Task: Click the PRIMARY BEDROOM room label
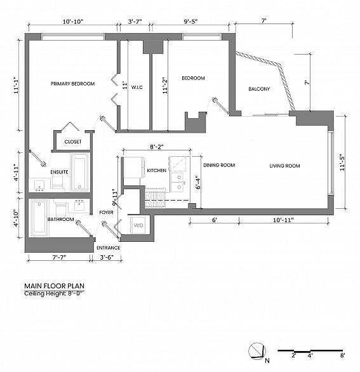pos(72,84)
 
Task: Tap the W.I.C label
pos(137,88)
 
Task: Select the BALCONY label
pos(259,89)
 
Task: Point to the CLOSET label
pos(73,142)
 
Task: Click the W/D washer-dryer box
pos(138,225)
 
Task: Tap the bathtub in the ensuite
pos(79,172)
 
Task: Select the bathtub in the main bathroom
pos(39,218)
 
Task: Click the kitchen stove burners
pos(155,198)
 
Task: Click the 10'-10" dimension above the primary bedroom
pos(73,22)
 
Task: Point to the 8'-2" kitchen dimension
pos(157,147)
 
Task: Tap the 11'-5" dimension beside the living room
pos(342,163)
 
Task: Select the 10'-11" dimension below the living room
pos(283,220)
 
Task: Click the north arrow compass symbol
pos(257,351)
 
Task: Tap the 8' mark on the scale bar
pos(342,355)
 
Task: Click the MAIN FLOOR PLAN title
pos(55,286)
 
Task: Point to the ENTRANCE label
pos(108,248)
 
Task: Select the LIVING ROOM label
pos(284,166)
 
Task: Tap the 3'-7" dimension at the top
pos(135,22)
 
